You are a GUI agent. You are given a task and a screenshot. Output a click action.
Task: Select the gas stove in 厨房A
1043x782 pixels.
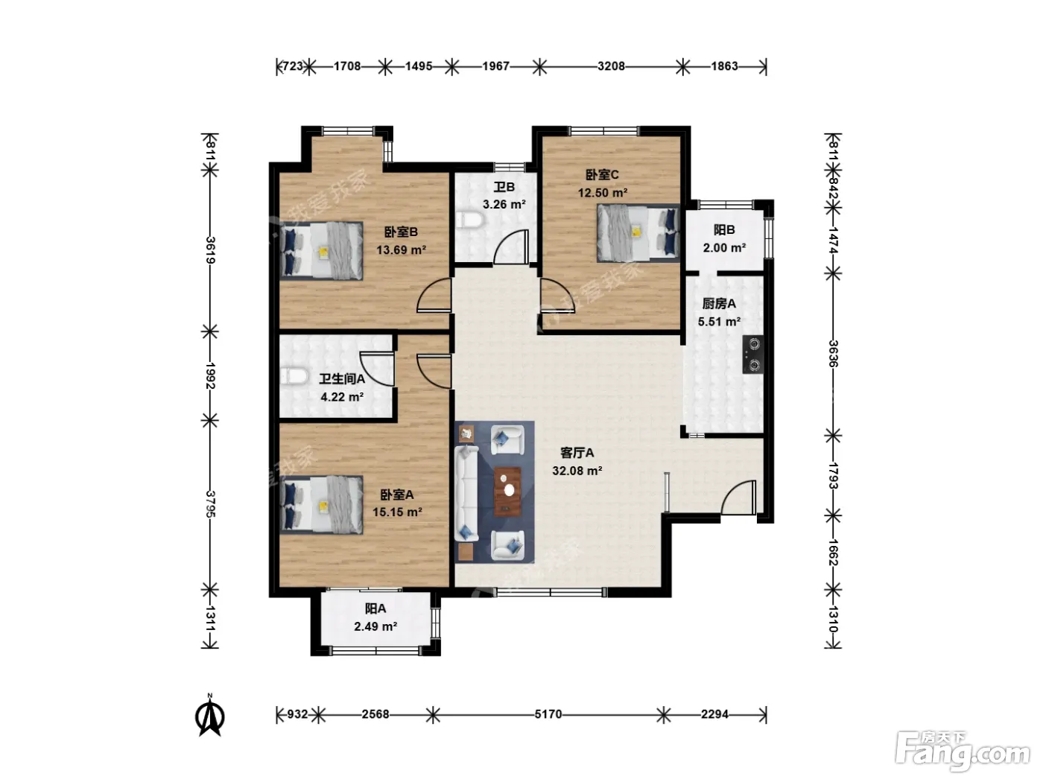753,355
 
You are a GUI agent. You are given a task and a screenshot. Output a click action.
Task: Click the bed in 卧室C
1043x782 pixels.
638,232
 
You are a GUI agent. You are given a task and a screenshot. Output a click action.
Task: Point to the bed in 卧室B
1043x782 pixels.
321,250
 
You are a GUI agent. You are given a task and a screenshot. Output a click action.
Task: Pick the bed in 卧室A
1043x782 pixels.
321,504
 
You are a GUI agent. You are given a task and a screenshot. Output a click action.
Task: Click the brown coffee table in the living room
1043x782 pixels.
508,491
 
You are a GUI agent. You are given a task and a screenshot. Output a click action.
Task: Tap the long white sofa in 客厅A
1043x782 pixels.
466,493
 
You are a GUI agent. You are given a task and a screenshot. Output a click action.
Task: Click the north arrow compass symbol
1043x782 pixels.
210,714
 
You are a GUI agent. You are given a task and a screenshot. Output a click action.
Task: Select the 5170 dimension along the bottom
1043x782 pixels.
548,714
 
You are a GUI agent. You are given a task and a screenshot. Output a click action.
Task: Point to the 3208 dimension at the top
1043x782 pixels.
611,66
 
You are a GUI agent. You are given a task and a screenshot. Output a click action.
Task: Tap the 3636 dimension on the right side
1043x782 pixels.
834,354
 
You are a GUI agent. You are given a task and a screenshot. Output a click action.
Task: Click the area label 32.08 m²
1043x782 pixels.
577,471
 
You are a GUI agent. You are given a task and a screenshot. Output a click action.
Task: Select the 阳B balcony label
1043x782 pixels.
724,230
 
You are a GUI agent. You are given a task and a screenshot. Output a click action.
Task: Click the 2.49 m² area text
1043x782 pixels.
375,627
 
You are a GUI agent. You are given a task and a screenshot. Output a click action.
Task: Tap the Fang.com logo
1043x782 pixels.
963,753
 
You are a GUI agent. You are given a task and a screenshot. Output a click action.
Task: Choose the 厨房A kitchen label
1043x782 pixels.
719,303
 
